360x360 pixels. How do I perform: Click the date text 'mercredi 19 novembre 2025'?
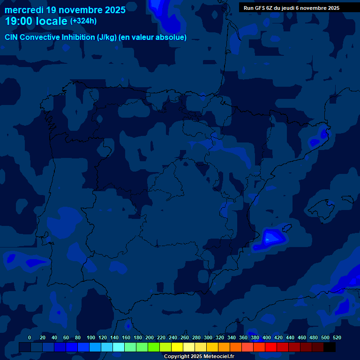pyautogui.click(x=65, y=10)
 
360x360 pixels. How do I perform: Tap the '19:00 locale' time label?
pyautogui.click(x=36, y=21)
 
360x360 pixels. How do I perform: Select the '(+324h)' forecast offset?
pyautogui.click(x=83, y=21)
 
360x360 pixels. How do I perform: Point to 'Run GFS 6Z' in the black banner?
pyautogui.click(x=258, y=8)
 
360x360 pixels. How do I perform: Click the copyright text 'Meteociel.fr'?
pyautogui.click(x=216, y=357)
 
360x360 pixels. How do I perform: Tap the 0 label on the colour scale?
pyautogui.click(x=30, y=337)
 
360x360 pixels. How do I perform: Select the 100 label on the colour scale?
pyautogui.click(x=91, y=337)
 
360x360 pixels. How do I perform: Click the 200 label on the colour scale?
pyautogui.click(x=150, y=337)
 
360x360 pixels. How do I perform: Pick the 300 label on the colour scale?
pyautogui.click(x=208, y=337)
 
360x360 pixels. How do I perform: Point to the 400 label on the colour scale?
pyautogui.click(x=267, y=337)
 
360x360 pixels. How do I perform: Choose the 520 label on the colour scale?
pyautogui.click(x=337, y=337)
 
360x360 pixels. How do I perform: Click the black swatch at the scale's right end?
pyautogui.click(x=330, y=347)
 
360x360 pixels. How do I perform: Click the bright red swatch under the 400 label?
pyautogui.click(x=271, y=347)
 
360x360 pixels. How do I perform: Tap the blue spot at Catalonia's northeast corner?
pyautogui.click(x=323, y=134)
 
